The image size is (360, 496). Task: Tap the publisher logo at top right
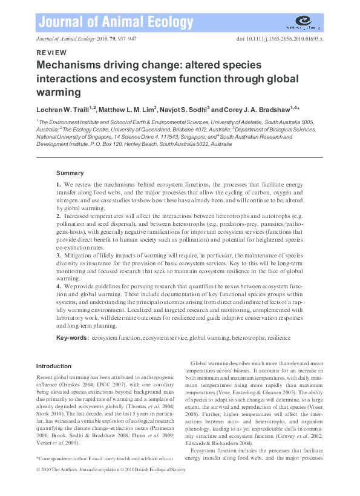[x=304, y=23]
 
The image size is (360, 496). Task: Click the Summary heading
[x=70, y=173]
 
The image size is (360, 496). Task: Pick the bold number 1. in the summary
[x=59, y=184]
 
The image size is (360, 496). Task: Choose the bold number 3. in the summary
[x=59, y=256]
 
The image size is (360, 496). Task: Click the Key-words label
[x=72, y=337]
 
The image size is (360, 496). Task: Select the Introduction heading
[x=54, y=366]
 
